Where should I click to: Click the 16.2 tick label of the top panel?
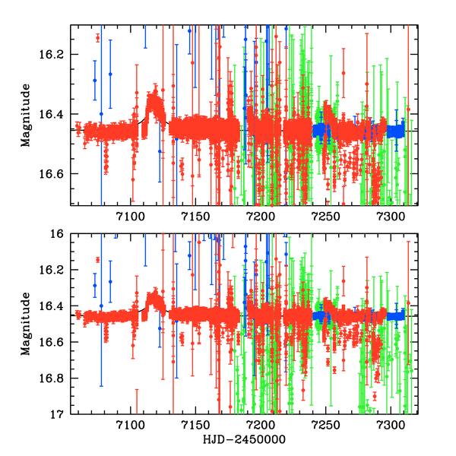click(x=57, y=55)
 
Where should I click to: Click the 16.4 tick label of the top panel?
click(x=57, y=114)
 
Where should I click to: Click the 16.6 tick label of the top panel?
click(x=57, y=174)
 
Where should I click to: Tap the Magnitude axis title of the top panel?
click(x=26, y=115)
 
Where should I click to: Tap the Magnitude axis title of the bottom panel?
click(x=26, y=324)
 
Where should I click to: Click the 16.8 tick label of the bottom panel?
click(x=57, y=378)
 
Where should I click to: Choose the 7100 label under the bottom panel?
click(x=130, y=425)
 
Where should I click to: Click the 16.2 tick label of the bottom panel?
click(x=57, y=271)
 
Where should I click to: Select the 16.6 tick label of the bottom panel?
click(x=57, y=343)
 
